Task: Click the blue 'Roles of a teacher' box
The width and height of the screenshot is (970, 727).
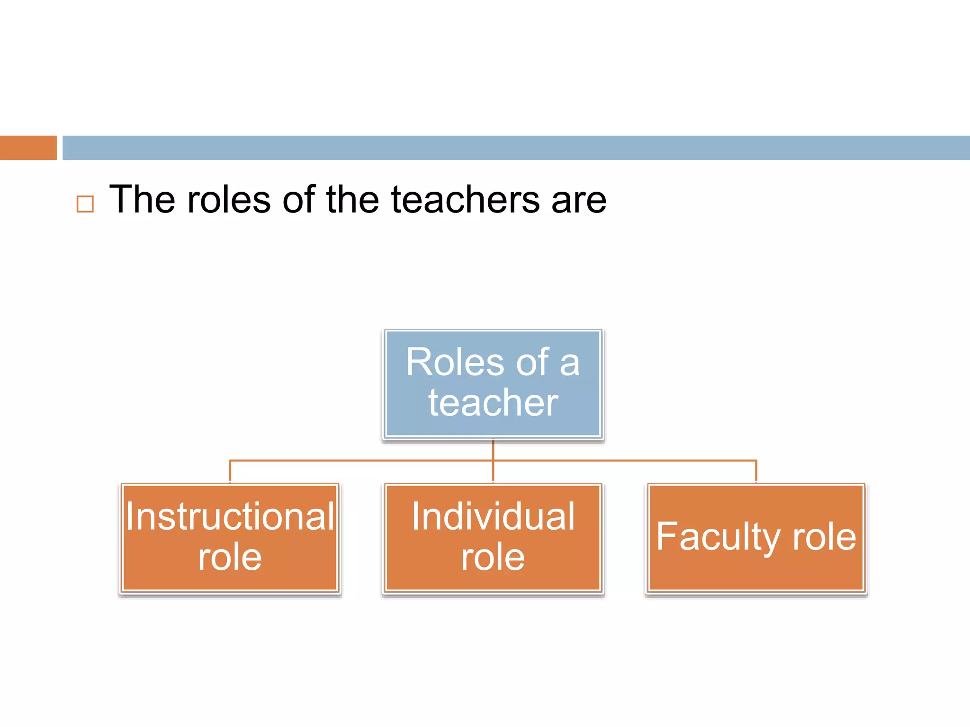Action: [x=493, y=383]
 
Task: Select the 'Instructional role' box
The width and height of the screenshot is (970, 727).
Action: [x=230, y=538]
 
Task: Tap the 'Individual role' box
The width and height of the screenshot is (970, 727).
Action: [x=493, y=538]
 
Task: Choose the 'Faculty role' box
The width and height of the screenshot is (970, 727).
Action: [x=756, y=538]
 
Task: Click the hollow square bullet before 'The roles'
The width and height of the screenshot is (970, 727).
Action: [x=85, y=204]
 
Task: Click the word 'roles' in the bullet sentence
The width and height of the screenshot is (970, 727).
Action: [x=229, y=200]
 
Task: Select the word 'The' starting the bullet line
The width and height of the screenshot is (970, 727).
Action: [x=142, y=200]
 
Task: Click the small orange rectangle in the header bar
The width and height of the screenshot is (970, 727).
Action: [x=28, y=148]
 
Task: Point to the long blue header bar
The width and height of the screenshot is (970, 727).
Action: [x=516, y=148]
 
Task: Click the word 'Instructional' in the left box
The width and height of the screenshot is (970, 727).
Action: [x=230, y=516]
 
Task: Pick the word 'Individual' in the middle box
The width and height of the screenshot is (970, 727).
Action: [x=493, y=516]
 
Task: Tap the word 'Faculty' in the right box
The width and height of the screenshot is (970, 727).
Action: [x=718, y=537]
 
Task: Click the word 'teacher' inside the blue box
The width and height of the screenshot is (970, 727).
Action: [x=493, y=402]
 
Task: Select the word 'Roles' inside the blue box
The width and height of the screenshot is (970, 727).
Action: [x=455, y=363]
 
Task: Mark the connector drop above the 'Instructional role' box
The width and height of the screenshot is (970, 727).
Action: [x=230, y=471]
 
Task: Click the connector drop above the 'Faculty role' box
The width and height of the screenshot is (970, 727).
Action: [x=756, y=471]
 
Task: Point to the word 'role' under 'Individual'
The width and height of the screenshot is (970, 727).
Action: [x=493, y=557]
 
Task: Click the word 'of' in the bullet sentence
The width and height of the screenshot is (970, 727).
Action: [x=299, y=200]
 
